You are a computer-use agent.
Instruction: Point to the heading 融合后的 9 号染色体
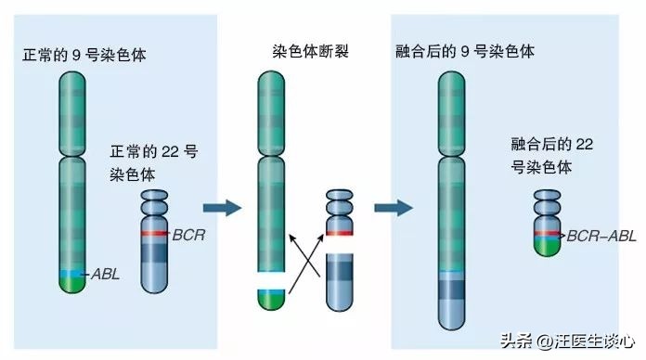[465, 50]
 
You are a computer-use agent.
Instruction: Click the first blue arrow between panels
[220, 207]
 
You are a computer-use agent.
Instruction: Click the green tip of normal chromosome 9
[72, 285]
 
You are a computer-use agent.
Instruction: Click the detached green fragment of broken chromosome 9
[271, 298]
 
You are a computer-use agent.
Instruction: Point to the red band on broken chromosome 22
[339, 232]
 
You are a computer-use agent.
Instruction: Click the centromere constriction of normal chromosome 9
[72, 156]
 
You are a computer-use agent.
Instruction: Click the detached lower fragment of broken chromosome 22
[339, 278]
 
